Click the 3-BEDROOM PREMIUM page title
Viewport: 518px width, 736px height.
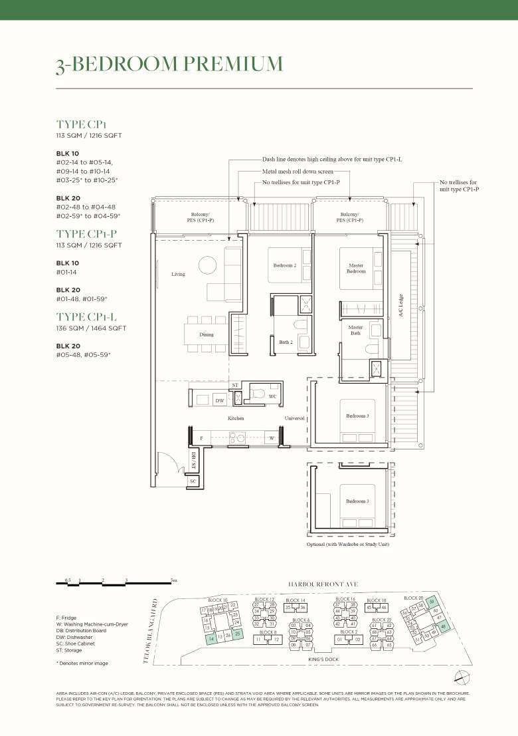pos(169,64)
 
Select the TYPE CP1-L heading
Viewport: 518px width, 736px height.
pos(92,316)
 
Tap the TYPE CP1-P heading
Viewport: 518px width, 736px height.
pos(92,233)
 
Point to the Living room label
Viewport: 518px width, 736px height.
pos(178,274)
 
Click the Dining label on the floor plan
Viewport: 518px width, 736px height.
pos(207,334)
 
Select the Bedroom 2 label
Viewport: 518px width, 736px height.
pos(284,265)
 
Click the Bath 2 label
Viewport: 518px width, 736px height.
pos(286,342)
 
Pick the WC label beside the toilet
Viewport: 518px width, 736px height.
pos(272,396)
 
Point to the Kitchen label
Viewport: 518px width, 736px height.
pos(235,418)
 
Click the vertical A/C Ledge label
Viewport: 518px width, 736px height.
pos(401,307)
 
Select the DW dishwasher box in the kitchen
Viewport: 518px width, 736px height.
pos(220,400)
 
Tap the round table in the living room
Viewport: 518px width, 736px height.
pos(207,264)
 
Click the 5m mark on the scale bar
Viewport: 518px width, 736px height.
pos(173,580)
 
